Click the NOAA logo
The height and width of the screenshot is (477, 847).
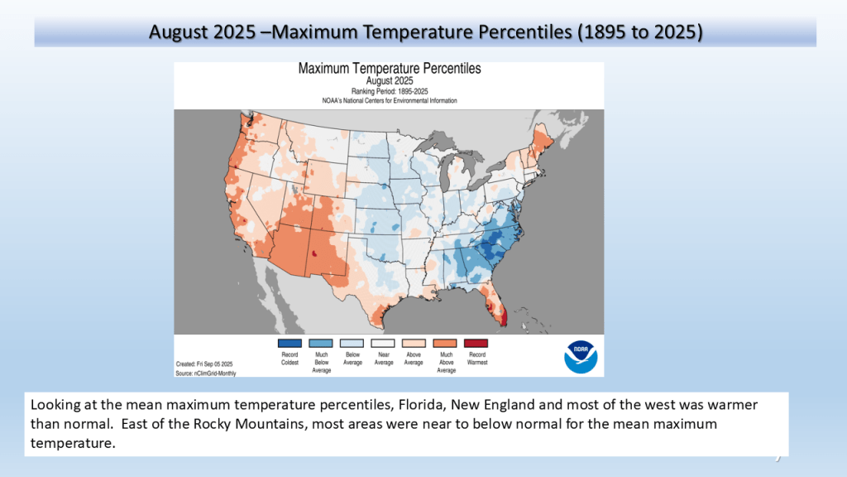[581, 356]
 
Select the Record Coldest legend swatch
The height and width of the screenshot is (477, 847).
[290, 343]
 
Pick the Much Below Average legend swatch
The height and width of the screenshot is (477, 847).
[321, 343]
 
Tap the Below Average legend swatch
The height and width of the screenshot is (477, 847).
[352, 343]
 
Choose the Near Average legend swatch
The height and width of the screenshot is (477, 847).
[383, 343]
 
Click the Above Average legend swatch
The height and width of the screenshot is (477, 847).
[414, 343]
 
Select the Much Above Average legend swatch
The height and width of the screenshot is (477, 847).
[445, 343]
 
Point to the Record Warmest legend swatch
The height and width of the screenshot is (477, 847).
[476, 343]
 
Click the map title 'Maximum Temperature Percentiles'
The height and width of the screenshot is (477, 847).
[390, 69]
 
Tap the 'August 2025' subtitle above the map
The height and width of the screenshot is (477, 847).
[390, 81]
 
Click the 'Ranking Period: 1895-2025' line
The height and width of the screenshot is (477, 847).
[390, 91]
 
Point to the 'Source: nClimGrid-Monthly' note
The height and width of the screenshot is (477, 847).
[206, 373]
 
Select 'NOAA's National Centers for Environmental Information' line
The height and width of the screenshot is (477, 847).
[390, 100]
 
